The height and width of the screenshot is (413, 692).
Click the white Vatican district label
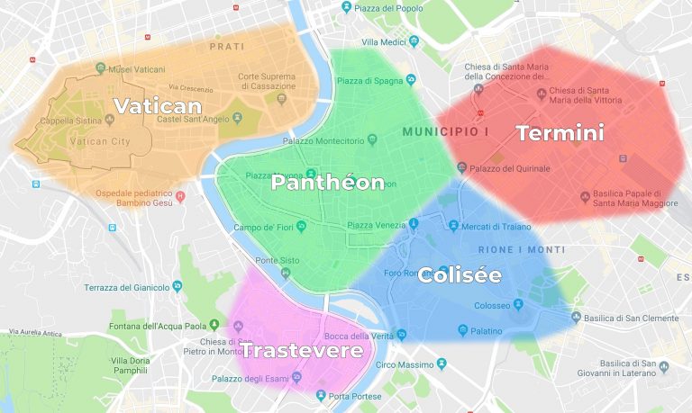[157, 105]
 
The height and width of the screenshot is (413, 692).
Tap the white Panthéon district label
[328, 183]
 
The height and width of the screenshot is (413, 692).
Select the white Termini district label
[560, 133]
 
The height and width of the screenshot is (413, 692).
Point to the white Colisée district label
[460, 274]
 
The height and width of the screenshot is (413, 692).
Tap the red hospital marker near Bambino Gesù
[180, 195]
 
